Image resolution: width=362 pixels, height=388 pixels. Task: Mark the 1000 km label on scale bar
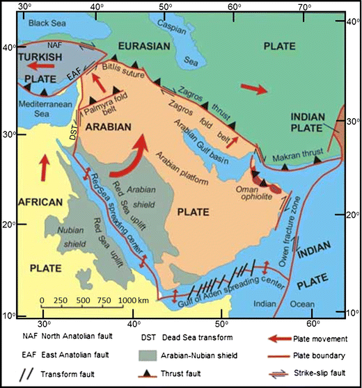click(130, 300)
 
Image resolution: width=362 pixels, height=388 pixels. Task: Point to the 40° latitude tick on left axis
click(9, 47)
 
